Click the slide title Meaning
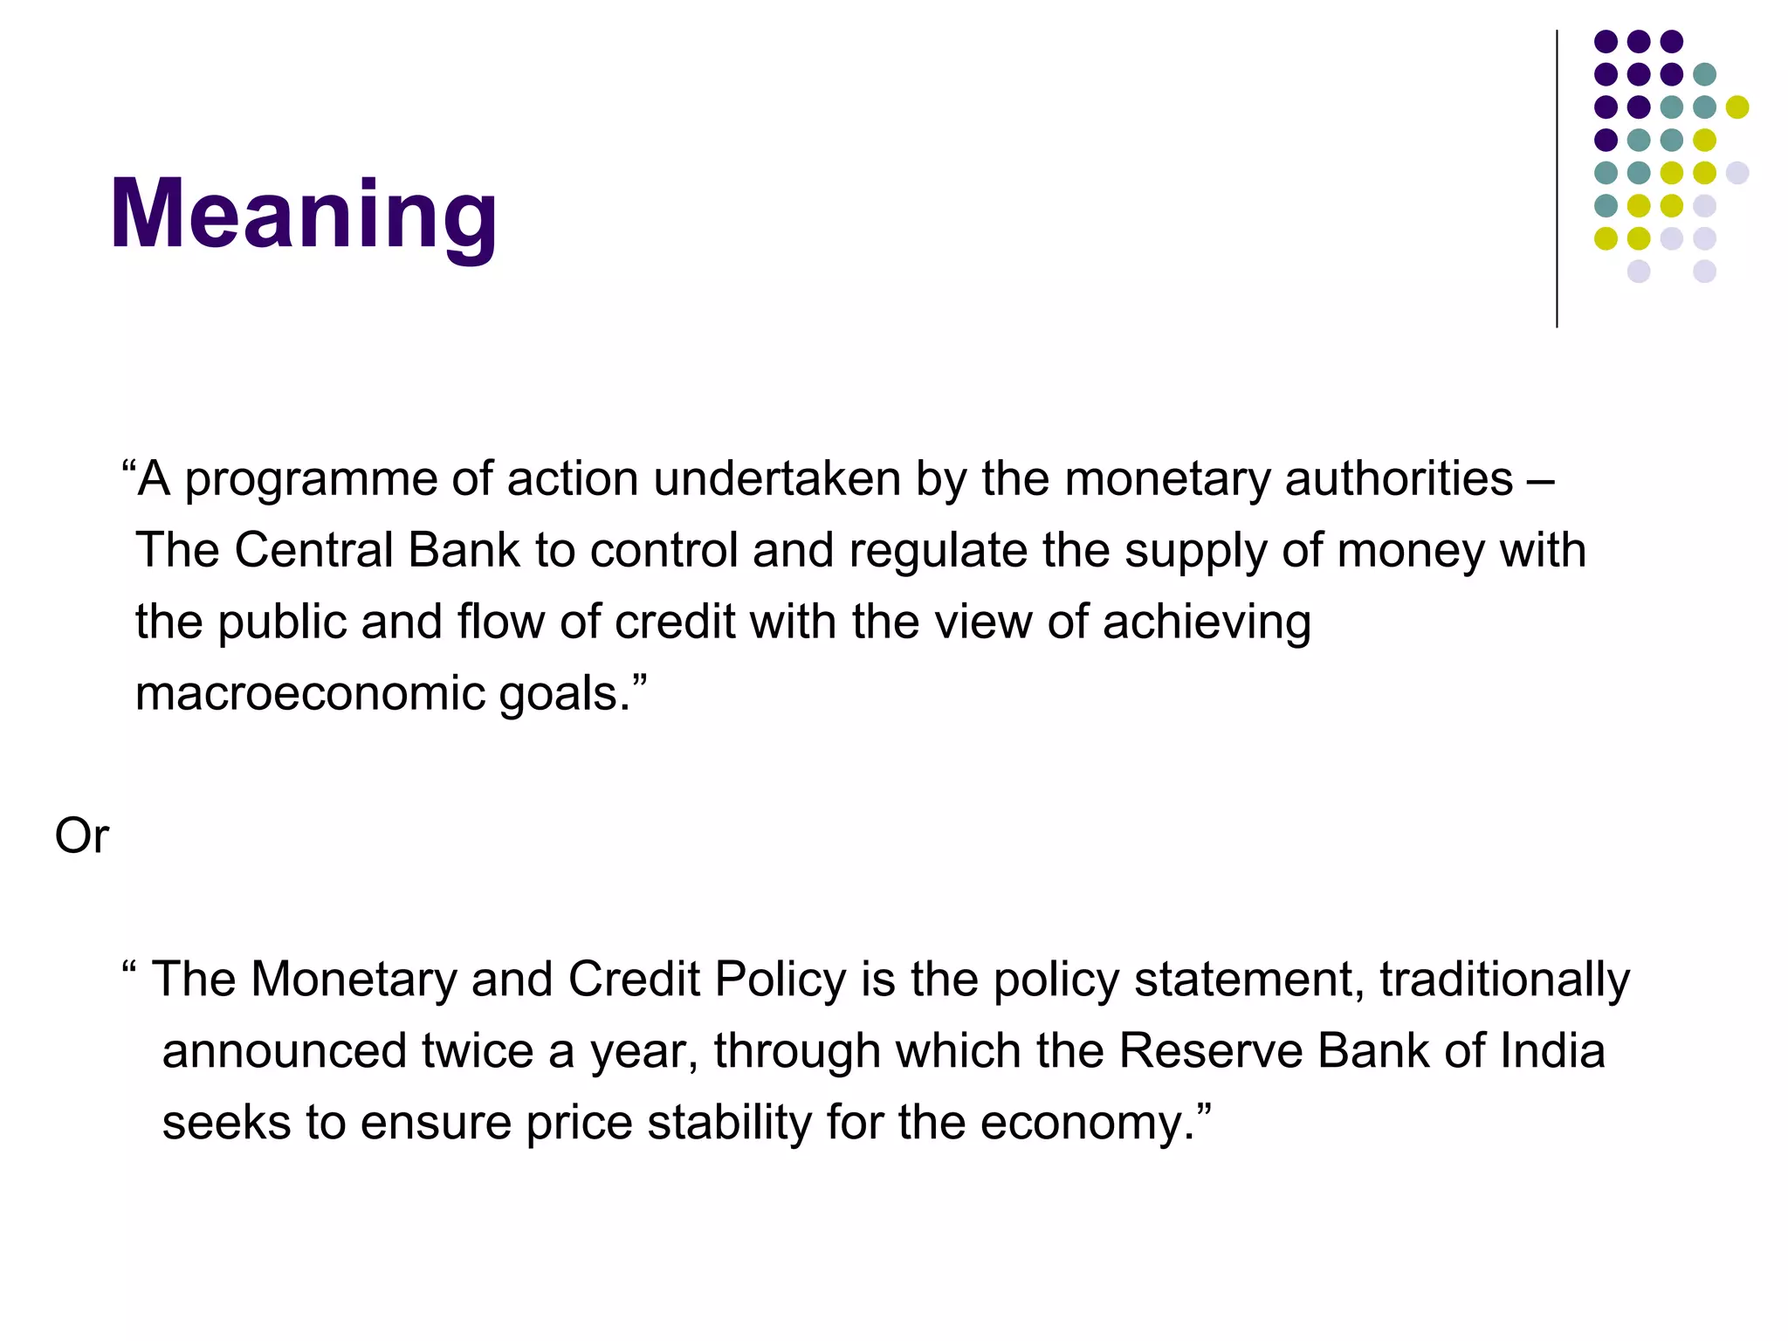303,214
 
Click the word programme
311,480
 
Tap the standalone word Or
81,836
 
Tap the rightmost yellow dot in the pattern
1737,107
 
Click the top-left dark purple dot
1606,41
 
